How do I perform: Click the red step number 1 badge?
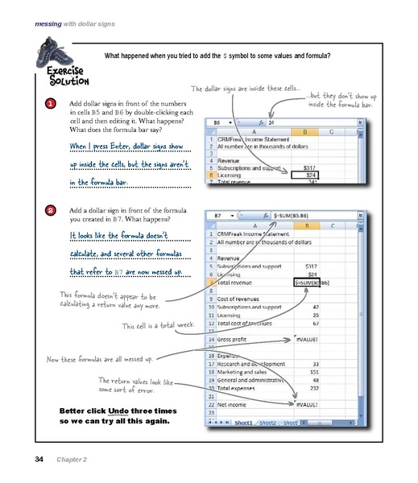(50, 105)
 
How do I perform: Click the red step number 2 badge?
(50, 211)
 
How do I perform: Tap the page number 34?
(39, 460)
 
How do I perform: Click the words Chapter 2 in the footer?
(72, 460)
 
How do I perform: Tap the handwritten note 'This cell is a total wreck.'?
(159, 326)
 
